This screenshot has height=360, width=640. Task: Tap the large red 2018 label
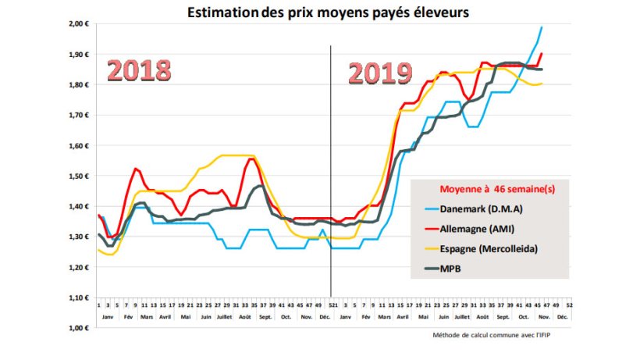pos(138,70)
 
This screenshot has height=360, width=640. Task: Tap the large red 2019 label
pos(379,73)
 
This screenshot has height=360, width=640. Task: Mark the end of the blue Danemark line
pos(542,27)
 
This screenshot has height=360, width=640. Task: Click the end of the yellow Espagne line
pos(542,84)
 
